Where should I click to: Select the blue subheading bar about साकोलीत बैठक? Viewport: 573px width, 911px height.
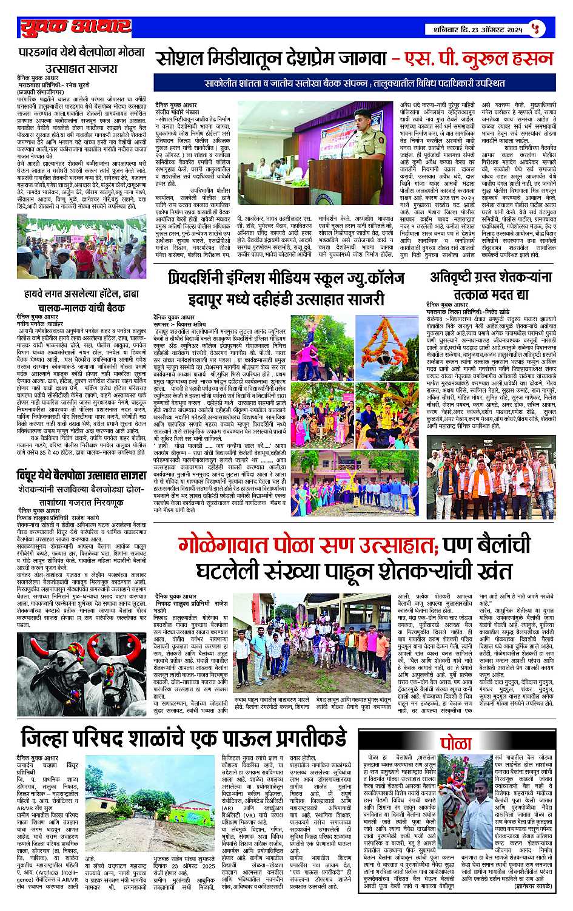(x=354, y=81)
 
